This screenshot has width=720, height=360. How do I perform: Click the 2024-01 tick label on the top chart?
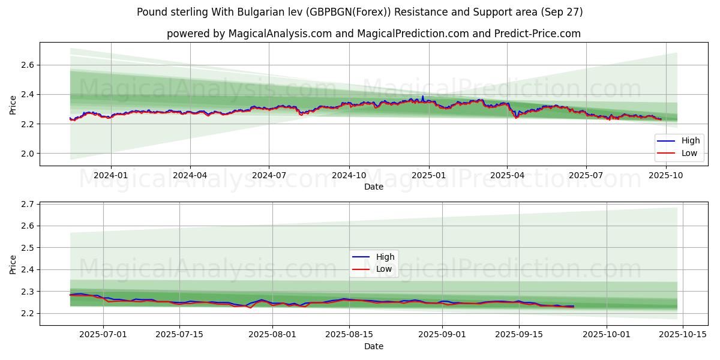point(111,175)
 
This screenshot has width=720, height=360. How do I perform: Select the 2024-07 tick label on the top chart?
point(269,175)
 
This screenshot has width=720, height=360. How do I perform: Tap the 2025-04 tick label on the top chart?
point(507,175)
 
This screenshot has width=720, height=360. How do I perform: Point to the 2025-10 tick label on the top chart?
point(666,175)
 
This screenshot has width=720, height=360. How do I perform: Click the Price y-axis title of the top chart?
point(13,104)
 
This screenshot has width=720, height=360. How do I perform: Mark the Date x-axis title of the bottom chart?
point(373,346)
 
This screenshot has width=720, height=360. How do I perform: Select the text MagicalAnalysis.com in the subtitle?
point(280,34)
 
